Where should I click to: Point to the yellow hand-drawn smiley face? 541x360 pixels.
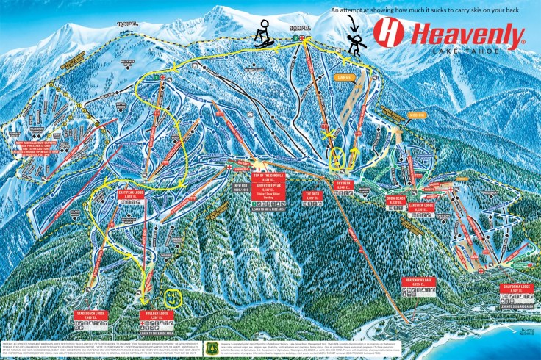pyautogui.click(x=172, y=299)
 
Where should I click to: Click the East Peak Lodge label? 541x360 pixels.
pyautogui.click(x=129, y=195)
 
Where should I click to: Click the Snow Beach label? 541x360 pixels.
pyautogui.click(x=396, y=199)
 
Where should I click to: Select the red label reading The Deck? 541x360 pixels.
pyautogui.click(x=311, y=195)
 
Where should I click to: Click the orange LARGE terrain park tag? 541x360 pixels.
pyautogui.click(x=344, y=76)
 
